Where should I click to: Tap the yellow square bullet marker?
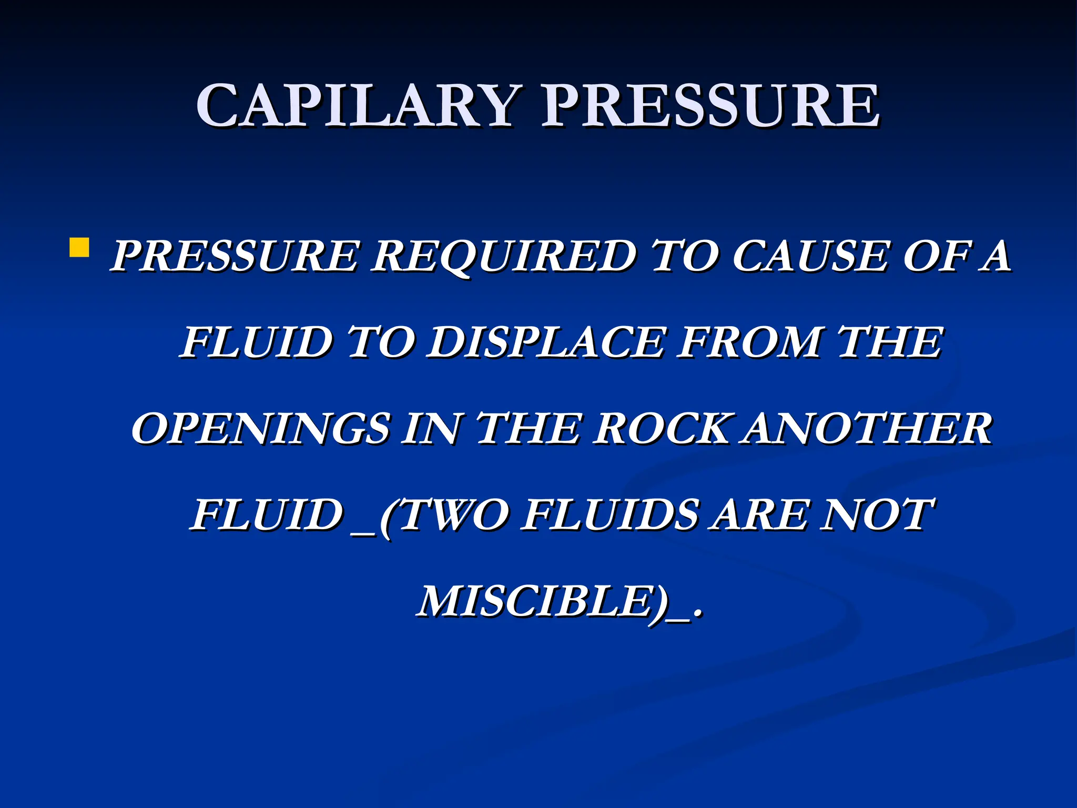[78, 247]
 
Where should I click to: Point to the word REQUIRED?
[503, 256]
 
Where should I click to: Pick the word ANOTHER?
[868, 429]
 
